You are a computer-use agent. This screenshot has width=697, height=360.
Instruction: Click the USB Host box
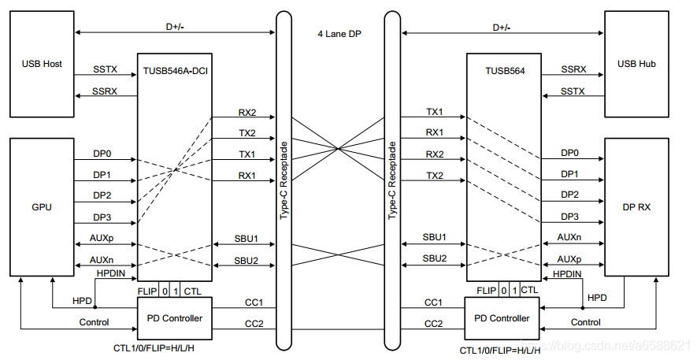pos(42,64)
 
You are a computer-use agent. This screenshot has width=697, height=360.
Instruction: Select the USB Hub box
pos(637,64)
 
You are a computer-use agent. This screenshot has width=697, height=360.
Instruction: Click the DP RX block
pos(637,206)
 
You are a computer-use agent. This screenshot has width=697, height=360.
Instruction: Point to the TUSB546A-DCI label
pos(176,70)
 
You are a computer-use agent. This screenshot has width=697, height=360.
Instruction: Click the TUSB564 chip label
pos(503,70)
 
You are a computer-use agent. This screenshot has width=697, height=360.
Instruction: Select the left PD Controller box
pos(174,318)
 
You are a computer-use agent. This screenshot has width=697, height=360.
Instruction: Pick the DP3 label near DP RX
pos(570,216)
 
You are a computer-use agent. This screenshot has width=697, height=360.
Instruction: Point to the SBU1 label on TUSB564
pos(435,237)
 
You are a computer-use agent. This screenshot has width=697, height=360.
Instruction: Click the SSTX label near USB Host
pos(105,69)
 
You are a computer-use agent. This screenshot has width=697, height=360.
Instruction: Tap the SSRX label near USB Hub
pos(573,69)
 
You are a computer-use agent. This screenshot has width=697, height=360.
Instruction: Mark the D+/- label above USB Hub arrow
pos(501,27)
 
